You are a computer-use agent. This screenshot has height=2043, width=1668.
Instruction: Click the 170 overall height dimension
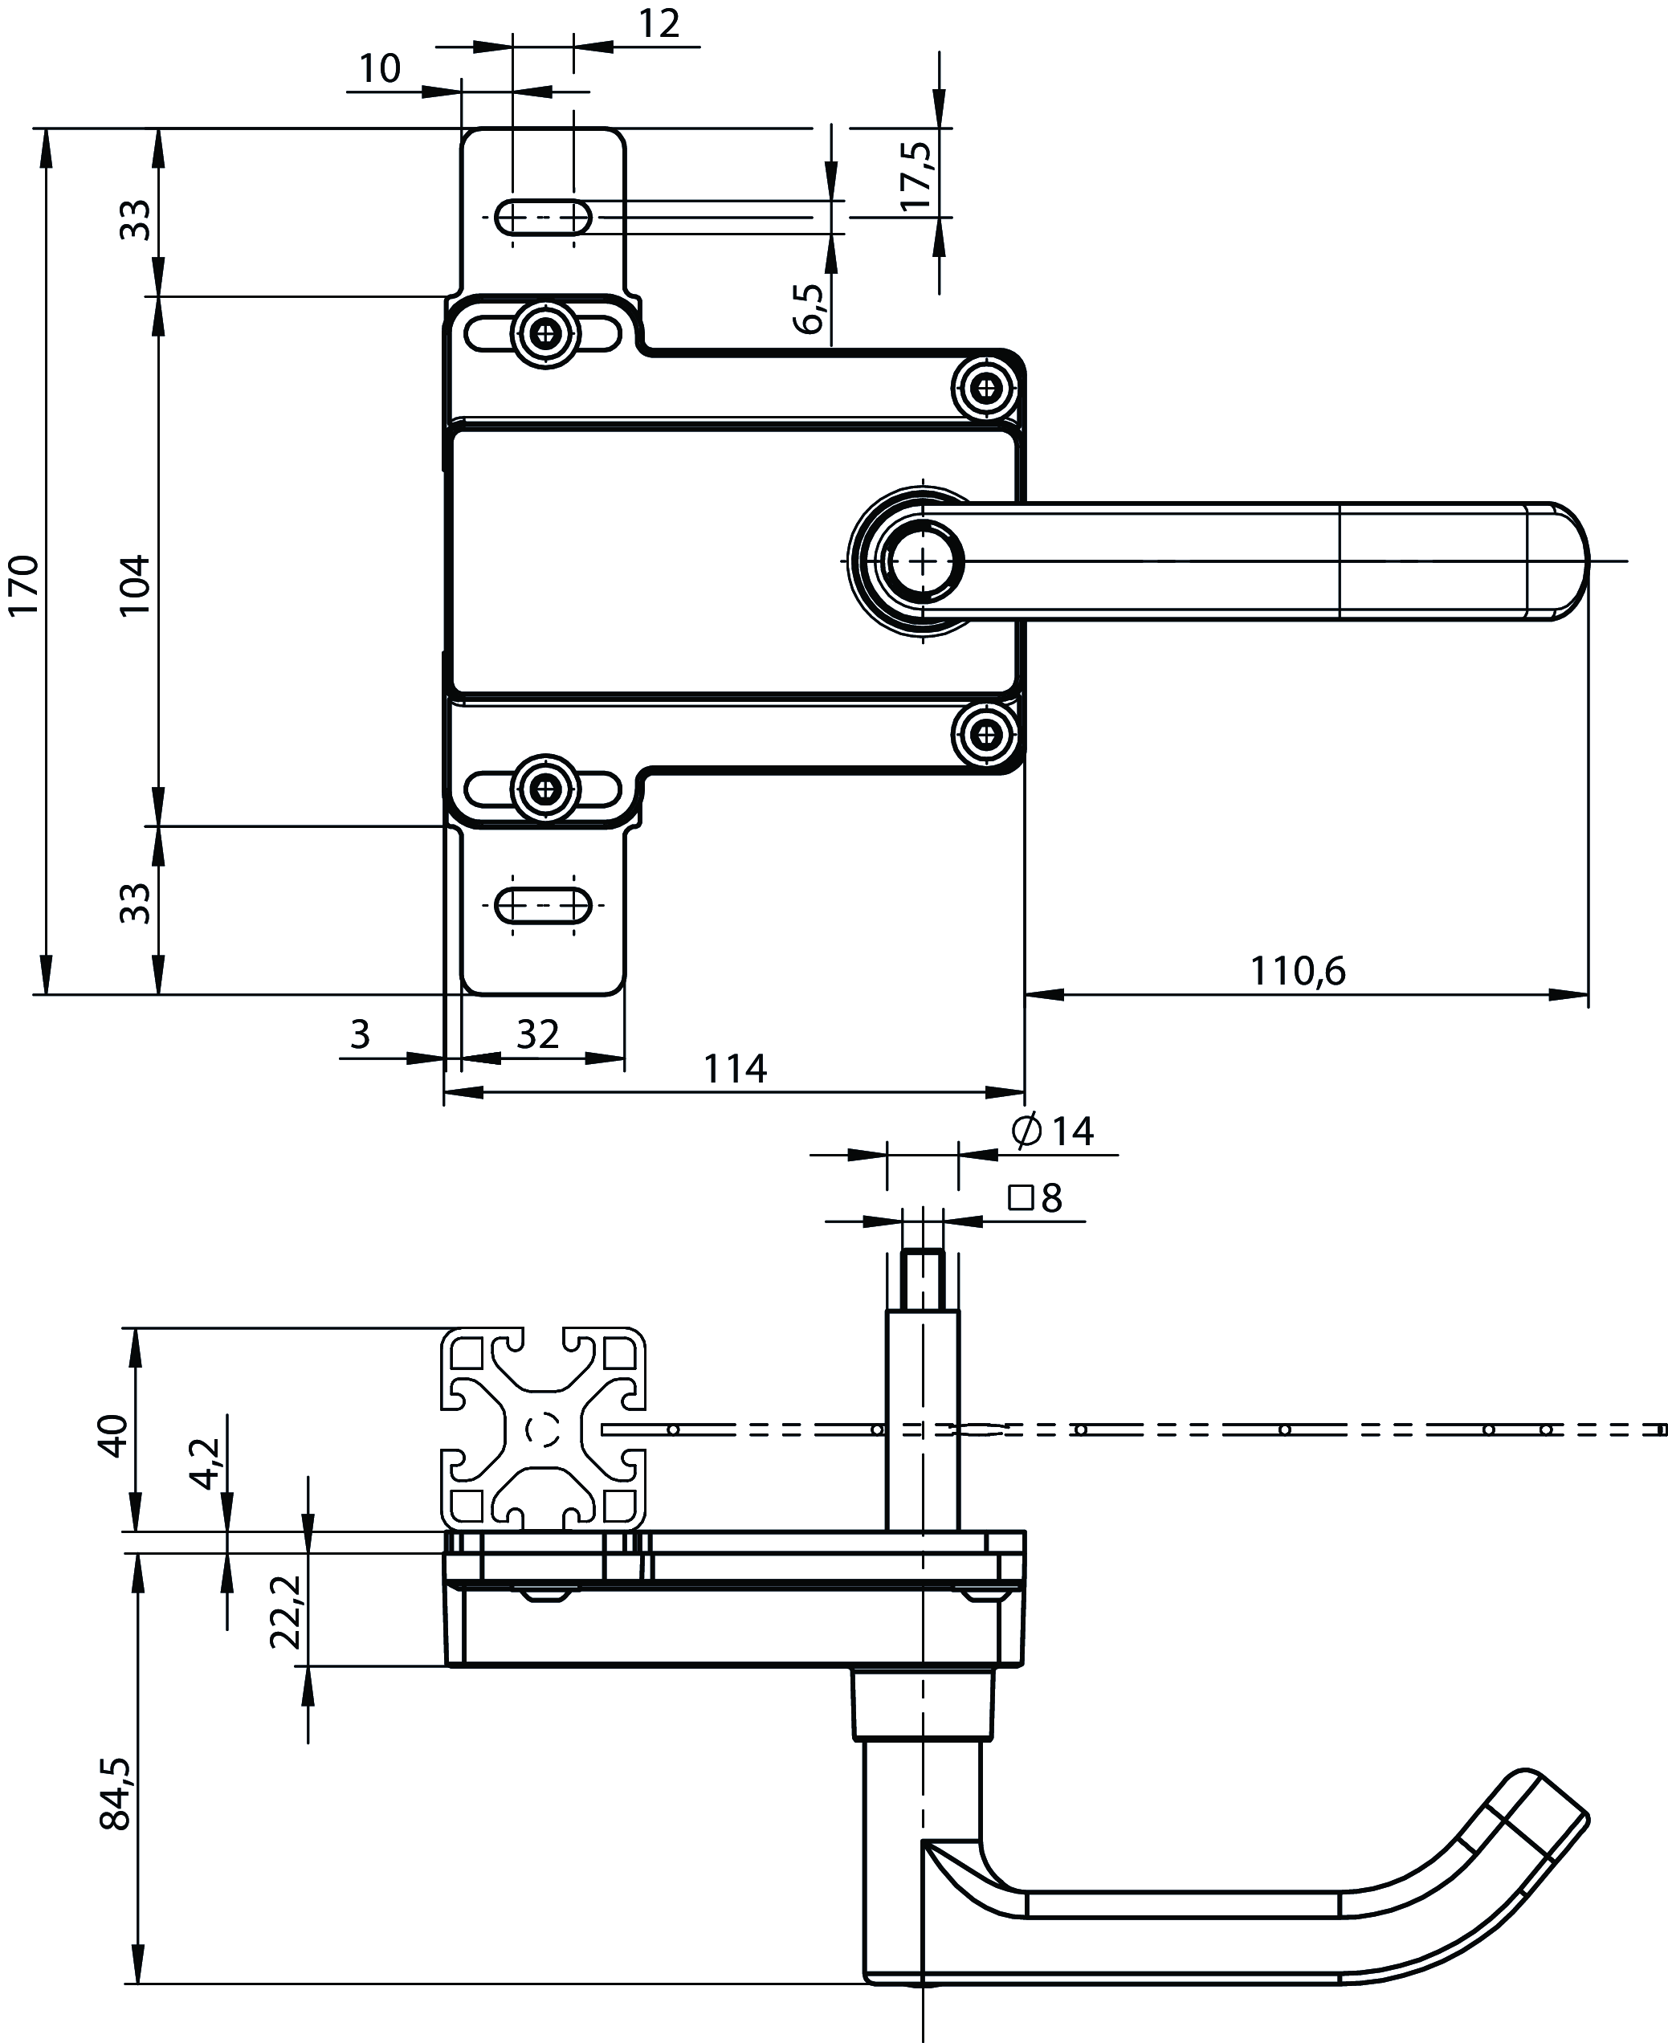coord(23,585)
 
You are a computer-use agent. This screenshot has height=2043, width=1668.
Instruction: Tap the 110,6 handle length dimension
coord(1297,972)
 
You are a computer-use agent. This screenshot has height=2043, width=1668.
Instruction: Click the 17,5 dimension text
coord(916,176)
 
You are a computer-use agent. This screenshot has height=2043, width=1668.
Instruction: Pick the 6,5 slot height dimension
coord(809,308)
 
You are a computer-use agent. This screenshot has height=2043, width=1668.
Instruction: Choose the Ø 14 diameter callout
coord(1053,1131)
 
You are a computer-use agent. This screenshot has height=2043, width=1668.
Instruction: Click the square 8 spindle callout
coord(1036,1198)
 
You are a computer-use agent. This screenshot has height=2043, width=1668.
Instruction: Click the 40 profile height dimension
coord(113,1436)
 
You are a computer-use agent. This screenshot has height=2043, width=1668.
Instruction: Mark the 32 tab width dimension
coord(537,1034)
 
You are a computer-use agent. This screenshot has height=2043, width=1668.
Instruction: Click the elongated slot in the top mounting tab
coord(543,218)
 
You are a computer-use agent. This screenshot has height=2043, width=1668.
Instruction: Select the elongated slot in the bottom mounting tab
coord(543,905)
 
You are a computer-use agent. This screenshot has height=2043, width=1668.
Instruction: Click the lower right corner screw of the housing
coord(985,735)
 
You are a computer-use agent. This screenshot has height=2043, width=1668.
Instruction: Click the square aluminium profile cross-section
coord(543,1430)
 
